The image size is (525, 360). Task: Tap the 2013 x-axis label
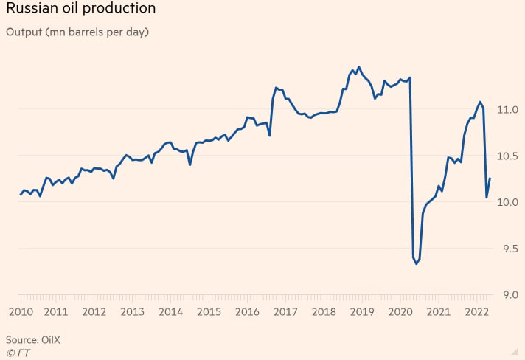(132, 311)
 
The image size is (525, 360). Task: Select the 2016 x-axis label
(247, 311)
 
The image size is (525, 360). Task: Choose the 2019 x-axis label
(362, 311)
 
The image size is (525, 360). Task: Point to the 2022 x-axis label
(476, 311)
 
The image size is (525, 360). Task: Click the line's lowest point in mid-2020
(417, 263)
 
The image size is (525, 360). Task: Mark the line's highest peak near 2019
(358, 67)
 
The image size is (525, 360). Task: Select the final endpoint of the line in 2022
(490, 179)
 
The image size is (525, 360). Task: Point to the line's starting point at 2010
(20, 195)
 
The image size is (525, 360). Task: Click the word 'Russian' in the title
(29, 9)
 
